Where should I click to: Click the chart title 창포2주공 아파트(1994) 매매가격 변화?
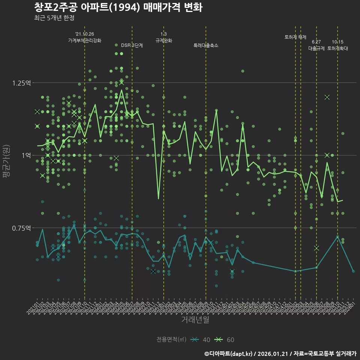click(x=118, y=7)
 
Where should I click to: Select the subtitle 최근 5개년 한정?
click(x=54, y=18)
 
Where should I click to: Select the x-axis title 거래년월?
click(x=195, y=319)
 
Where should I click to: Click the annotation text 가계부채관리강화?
click(x=84, y=40)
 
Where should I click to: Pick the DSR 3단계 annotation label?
click(x=132, y=45)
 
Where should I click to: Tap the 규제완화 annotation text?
click(x=164, y=40)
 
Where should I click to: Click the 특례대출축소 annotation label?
click(x=206, y=45)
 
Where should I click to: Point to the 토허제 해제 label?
click(x=295, y=37)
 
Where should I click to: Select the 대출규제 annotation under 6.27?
click(x=316, y=48)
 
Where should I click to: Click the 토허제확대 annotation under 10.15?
click(x=337, y=48)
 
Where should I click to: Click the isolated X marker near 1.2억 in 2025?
click(x=327, y=97)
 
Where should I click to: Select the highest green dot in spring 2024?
click(x=243, y=71)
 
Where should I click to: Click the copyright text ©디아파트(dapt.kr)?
click(x=229, y=353)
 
